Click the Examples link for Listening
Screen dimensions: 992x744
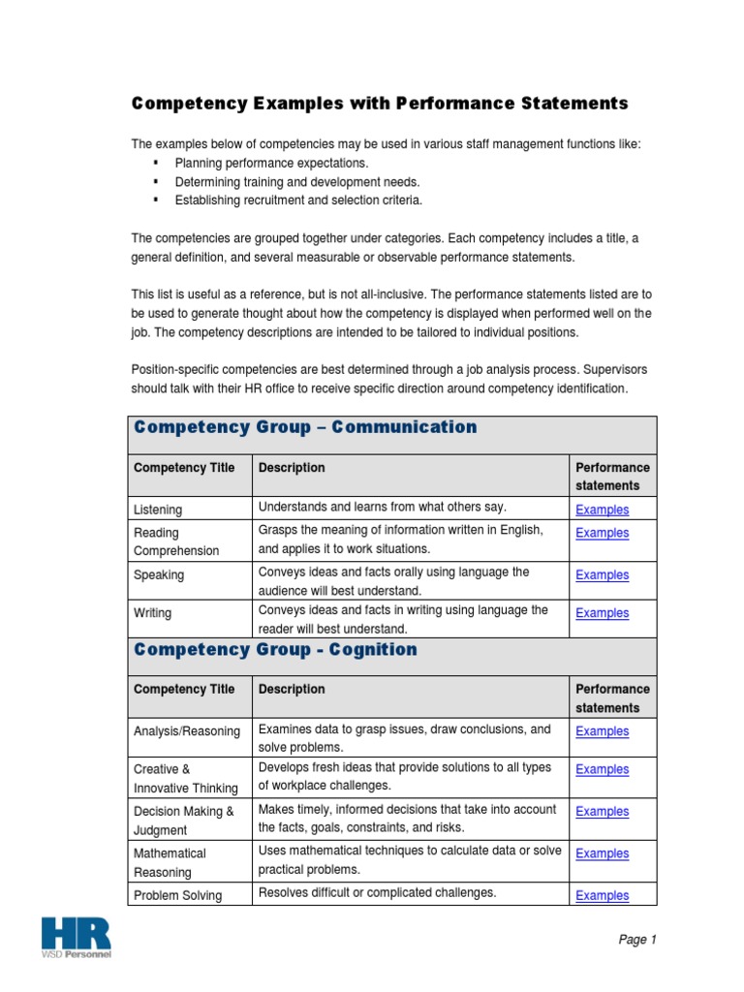pyautogui.click(x=602, y=510)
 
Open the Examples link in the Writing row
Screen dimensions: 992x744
pyautogui.click(x=602, y=613)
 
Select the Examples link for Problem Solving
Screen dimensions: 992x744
pyautogui.click(x=602, y=896)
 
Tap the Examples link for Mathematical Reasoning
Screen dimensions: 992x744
pyautogui.click(x=602, y=853)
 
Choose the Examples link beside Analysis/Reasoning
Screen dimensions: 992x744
pyautogui.click(x=602, y=731)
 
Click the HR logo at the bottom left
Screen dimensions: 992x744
pyautogui.click(x=76, y=937)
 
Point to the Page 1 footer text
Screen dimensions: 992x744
pyautogui.click(x=636, y=940)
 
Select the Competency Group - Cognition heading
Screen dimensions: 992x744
pyautogui.click(x=275, y=649)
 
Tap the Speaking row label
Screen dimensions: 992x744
pyautogui.click(x=158, y=574)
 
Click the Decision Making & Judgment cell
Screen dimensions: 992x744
pyautogui.click(x=183, y=821)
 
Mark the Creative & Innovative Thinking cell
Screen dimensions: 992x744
pyautogui.click(x=185, y=779)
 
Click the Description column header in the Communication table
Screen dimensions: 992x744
pyautogui.click(x=292, y=468)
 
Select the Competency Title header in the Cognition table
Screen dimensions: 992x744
pyautogui.click(x=184, y=690)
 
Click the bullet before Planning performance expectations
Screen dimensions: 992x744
pyautogui.click(x=156, y=164)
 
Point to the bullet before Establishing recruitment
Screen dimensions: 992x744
pyautogui.click(x=156, y=201)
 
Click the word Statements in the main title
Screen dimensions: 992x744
pyautogui.click(x=573, y=104)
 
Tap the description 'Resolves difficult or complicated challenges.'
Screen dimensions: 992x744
pyautogui.click(x=377, y=893)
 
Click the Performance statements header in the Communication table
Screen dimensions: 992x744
pyautogui.click(x=612, y=477)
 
